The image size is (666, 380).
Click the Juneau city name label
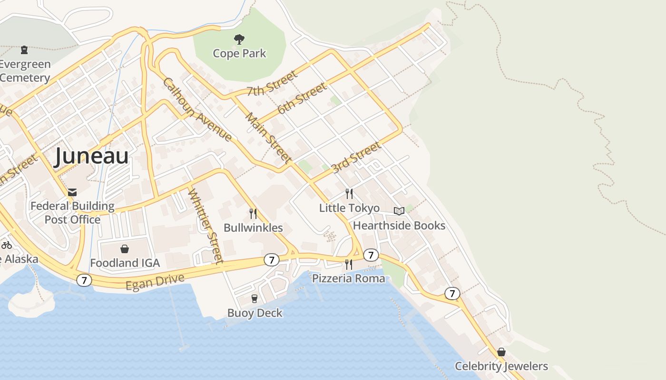tap(91, 156)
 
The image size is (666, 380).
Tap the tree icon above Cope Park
tap(239, 39)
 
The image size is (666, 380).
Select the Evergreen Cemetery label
tap(25, 71)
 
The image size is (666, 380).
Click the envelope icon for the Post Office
tap(72, 192)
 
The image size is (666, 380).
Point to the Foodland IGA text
tap(125, 263)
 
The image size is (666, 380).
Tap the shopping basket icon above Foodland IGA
tap(125, 249)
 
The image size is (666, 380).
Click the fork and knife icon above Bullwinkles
tap(253, 214)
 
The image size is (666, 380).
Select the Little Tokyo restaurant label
tap(349, 208)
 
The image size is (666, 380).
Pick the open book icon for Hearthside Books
tap(399, 211)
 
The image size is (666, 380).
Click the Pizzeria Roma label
tap(348, 278)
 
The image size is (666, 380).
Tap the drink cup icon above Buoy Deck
tap(255, 299)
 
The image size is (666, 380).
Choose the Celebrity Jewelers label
tap(501, 366)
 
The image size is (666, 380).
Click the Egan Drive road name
tap(155, 282)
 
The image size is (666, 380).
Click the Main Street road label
tap(268, 137)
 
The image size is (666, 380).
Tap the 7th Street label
tap(272, 84)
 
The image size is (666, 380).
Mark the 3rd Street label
tap(356, 157)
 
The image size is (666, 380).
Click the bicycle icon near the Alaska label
tap(7, 246)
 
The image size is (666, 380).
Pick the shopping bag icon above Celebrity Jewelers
tap(501, 352)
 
